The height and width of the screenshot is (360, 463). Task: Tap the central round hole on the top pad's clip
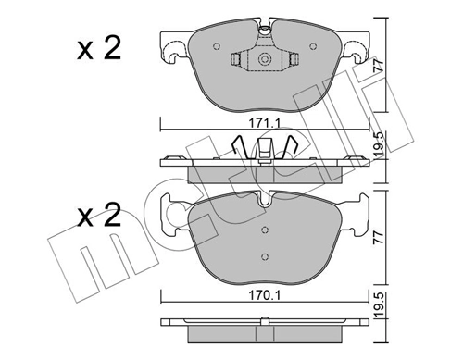point(265,61)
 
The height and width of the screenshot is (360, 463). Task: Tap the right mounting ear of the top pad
point(356,47)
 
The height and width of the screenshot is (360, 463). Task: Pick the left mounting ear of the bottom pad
point(175,215)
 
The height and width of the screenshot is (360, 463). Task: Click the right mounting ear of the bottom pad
point(355,215)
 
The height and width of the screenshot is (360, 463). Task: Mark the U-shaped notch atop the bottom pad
point(265,196)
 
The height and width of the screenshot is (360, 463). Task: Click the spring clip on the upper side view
point(265,148)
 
